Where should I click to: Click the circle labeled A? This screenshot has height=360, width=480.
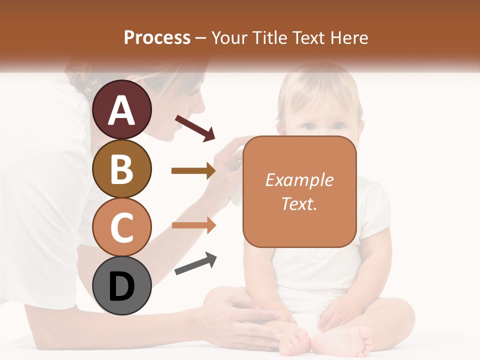(x=122, y=110)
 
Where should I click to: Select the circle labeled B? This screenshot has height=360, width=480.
(x=122, y=168)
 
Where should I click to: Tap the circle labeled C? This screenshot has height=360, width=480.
(x=122, y=227)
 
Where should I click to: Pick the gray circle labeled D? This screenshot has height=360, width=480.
(x=122, y=285)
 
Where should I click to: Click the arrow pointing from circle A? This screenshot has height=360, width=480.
(x=195, y=127)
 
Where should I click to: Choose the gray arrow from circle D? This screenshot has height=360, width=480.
(x=195, y=263)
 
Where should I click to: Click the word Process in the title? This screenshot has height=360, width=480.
(x=157, y=38)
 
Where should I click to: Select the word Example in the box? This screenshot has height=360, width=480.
(x=299, y=180)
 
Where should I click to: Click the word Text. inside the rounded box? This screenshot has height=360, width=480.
(x=299, y=203)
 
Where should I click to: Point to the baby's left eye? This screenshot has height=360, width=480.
(x=338, y=126)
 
